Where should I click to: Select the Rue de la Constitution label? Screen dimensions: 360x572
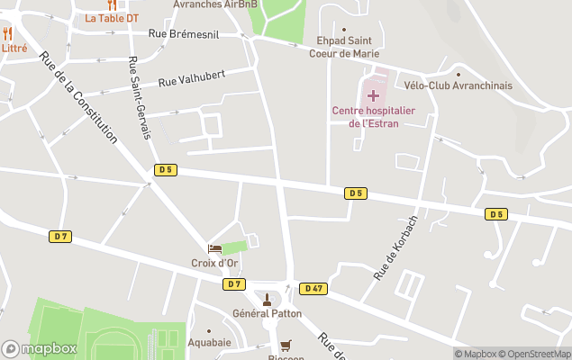coord(78,97)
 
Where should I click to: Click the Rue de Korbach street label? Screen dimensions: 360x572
coord(396,247)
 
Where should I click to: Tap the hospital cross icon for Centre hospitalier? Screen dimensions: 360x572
coord(373,94)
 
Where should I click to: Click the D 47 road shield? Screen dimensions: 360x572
coord(313,288)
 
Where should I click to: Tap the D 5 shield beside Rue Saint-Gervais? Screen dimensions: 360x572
coord(164,169)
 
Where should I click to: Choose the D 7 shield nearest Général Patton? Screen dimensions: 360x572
coord(233,283)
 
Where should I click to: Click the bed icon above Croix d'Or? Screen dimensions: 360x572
coord(214,248)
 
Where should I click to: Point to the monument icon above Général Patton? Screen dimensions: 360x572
coord(266,299)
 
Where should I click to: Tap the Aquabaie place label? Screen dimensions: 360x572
coord(209,343)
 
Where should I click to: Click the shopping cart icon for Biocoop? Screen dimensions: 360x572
coord(286,345)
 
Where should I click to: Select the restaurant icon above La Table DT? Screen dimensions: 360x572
coord(112,4)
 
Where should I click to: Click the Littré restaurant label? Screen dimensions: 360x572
coord(14,48)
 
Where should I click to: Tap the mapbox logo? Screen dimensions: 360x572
coord(40,348)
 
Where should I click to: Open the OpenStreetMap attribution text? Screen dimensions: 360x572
coord(536,354)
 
